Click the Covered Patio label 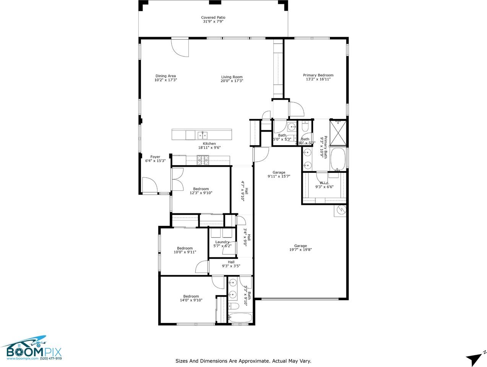click(213, 18)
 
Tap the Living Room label click(232, 77)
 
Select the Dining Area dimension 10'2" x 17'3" click(166, 80)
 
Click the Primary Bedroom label click(318, 75)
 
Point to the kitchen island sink click(202, 135)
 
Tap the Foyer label click(155, 157)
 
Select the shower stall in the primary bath click(339, 133)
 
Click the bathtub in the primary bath click(339, 158)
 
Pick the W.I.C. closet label click(324, 183)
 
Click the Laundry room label click(222, 242)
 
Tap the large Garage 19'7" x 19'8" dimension click(300, 250)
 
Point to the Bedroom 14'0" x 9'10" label click(191, 296)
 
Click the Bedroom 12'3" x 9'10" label click(201, 189)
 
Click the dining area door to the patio click(180, 47)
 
